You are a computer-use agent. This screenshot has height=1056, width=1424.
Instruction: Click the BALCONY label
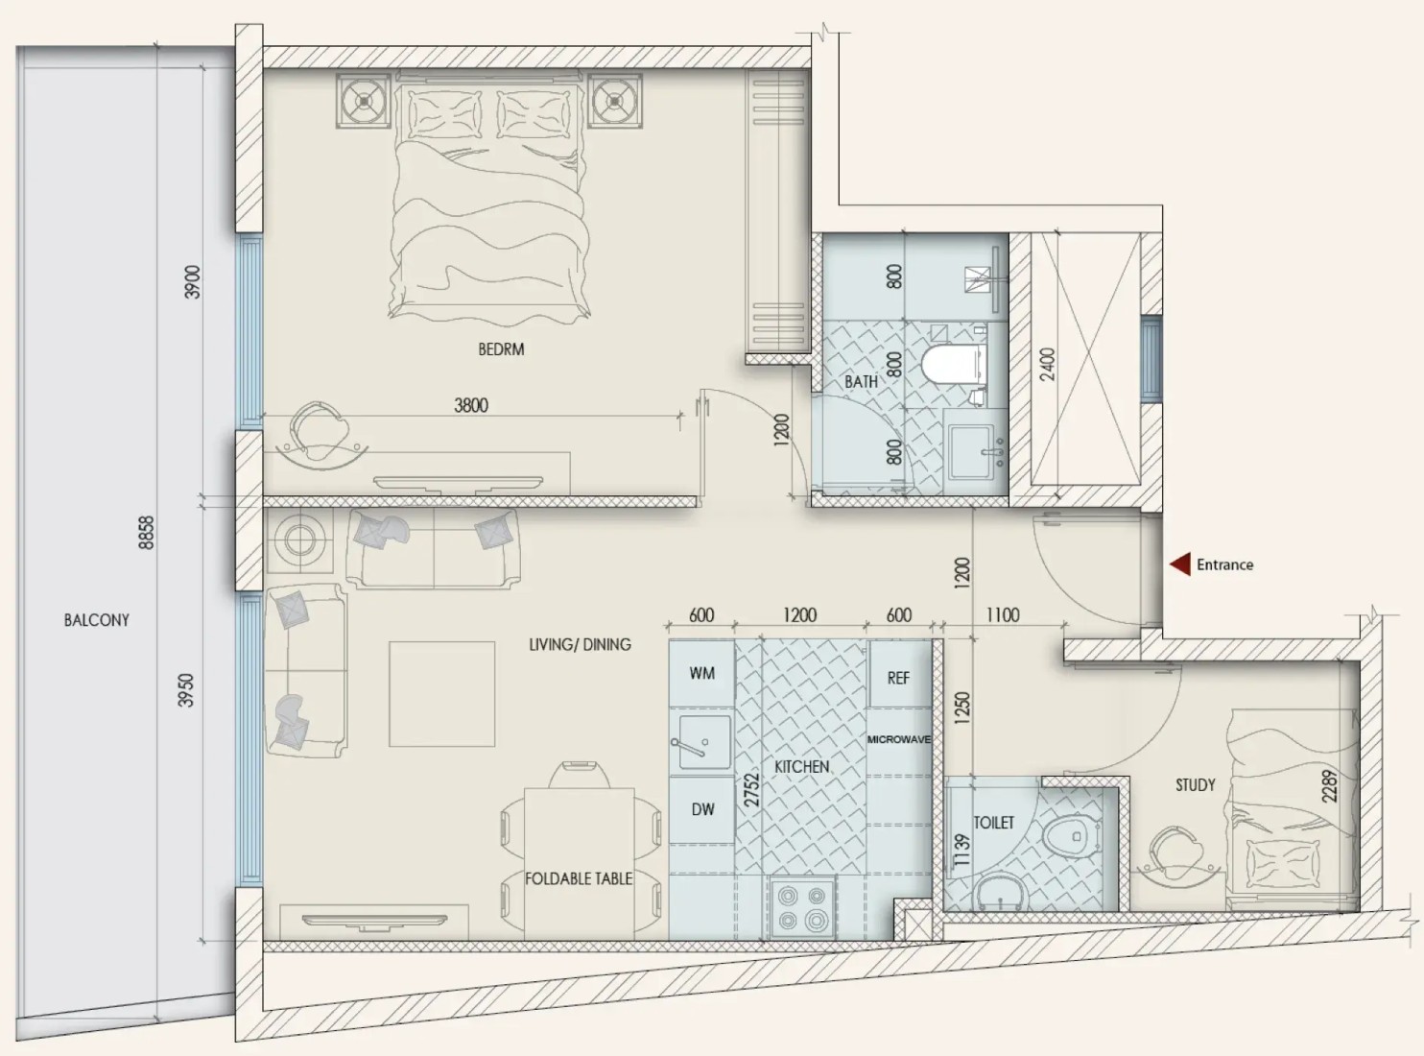[96, 620]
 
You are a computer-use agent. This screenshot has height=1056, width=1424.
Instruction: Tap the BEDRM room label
[501, 349]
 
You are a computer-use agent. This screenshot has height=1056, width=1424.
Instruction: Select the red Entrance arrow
[1180, 564]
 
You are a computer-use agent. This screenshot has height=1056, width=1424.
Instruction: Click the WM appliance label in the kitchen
[701, 673]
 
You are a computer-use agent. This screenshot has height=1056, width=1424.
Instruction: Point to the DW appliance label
[702, 809]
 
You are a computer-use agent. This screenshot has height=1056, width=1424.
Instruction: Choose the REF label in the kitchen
[898, 678]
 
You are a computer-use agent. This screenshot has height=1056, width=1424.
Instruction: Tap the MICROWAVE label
[899, 739]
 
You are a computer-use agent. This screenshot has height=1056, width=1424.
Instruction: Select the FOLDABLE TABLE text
[579, 878]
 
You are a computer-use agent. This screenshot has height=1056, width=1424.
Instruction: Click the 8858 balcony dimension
[147, 533]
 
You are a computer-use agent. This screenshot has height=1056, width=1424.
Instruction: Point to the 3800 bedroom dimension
[471, 405]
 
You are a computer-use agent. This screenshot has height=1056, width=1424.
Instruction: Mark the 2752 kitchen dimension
[751, 790]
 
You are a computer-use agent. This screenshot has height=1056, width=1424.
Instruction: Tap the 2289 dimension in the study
[1329, 786]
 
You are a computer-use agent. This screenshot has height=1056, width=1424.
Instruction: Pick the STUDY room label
[1195, 785]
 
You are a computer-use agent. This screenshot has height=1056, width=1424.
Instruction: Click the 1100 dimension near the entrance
[1002, 615]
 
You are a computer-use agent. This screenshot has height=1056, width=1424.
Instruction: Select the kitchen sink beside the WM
[701, 742]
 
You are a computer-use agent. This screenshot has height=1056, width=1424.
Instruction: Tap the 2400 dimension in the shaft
[1047, 365]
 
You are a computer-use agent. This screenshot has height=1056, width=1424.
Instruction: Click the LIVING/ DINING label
[580, 644]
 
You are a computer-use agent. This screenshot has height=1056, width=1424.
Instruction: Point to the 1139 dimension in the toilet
[961, 851]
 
